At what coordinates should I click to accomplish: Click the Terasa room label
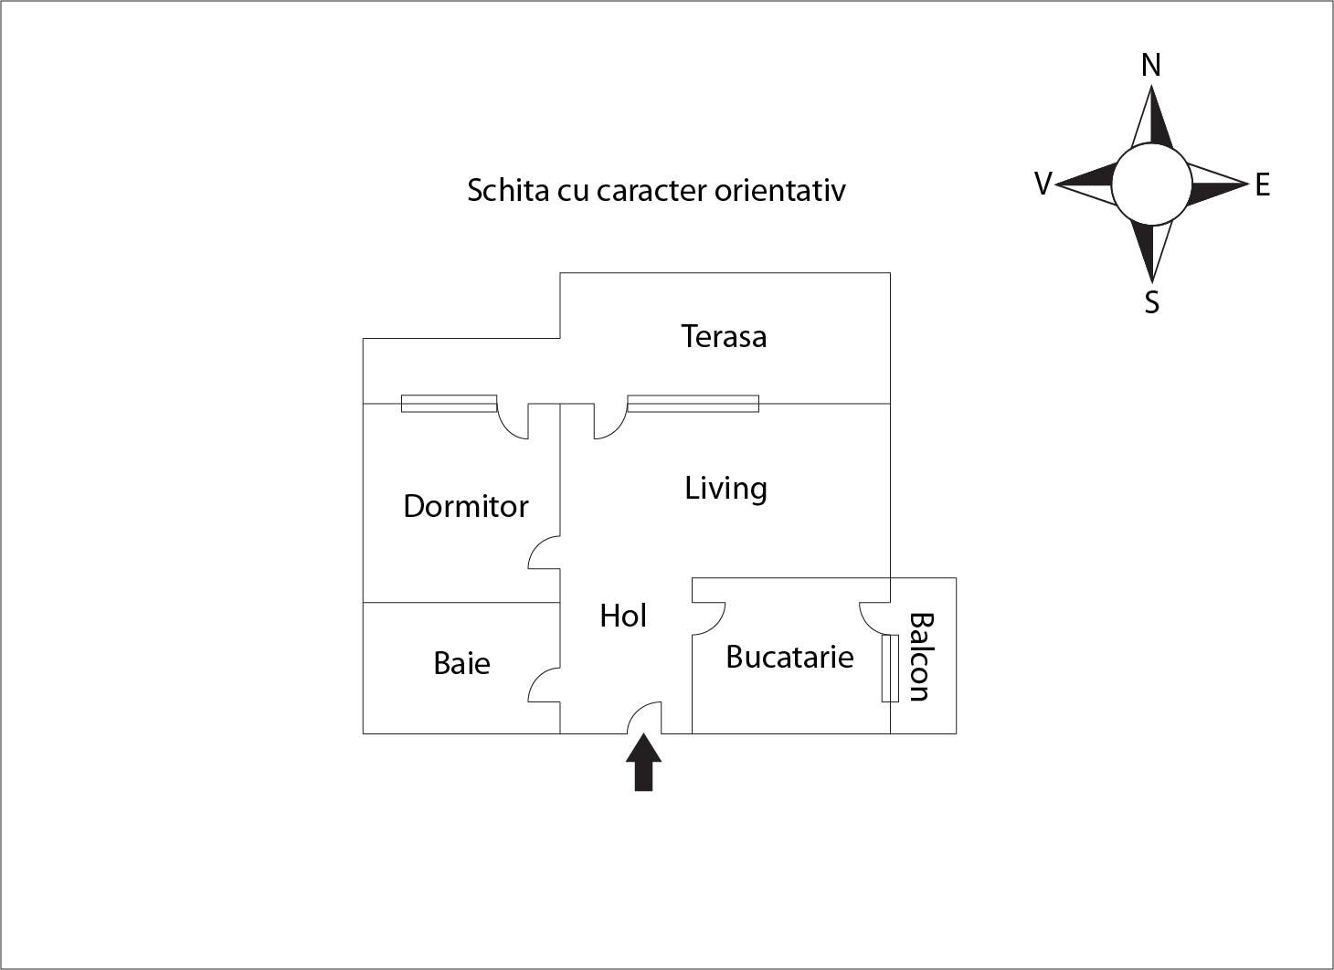724,336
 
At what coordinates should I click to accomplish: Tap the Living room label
726,489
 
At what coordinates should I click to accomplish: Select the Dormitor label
466,506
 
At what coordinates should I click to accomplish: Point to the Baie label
461,663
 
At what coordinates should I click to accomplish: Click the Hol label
623,616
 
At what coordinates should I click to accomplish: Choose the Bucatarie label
789,657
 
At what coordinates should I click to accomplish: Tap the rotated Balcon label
919,657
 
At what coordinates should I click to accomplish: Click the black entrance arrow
644,762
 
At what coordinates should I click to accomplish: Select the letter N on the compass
1151,66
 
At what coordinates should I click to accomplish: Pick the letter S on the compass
1152,302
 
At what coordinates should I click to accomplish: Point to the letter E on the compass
1263,185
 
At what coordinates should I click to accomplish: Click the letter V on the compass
1043,184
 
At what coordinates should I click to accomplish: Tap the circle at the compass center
1152,185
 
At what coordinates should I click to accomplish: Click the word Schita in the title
508,191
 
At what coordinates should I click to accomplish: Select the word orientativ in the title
780,191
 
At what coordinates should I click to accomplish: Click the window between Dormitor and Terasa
449,404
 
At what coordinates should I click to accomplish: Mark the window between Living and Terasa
693,404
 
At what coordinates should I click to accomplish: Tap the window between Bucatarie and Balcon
890,669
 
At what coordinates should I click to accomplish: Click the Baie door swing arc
544,684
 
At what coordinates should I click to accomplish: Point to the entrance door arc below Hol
644,718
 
